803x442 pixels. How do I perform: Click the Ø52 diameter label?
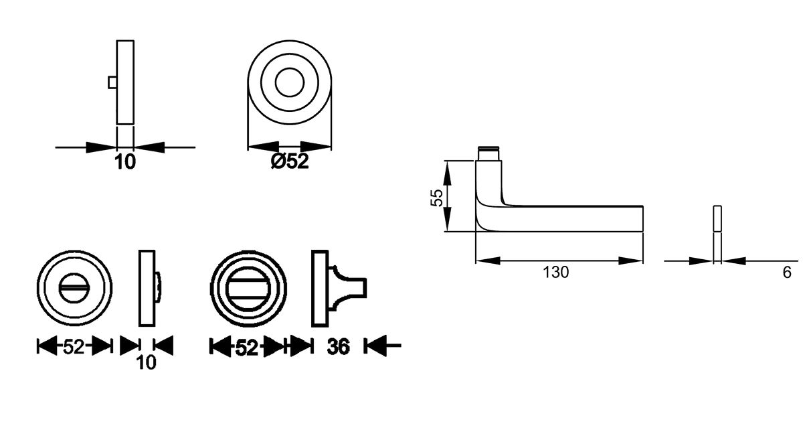click(x=290, y=161)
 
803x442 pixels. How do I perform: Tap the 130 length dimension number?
click(x=555, y=273)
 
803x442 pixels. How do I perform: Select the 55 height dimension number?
click(x=436, y=198)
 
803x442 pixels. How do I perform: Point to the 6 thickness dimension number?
click(x=787, y=273)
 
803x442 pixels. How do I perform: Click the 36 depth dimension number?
click(x=338, y=347)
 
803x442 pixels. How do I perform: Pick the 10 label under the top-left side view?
click(x=125, y=162)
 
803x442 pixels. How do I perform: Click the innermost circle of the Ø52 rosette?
click(x=290, y=82)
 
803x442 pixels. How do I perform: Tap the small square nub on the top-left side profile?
click(x=112, y=82)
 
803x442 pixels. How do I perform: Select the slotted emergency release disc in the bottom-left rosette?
click(x=74, y=288)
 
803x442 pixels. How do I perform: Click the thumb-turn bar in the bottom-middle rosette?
click(x=248, y=289)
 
